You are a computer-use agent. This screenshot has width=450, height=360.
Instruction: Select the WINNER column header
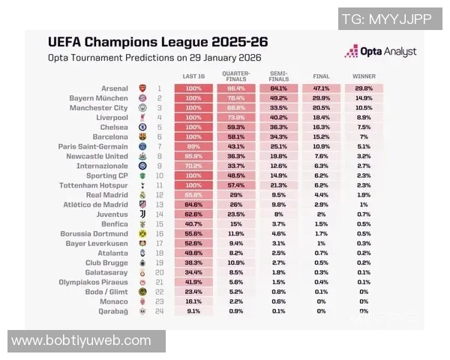pyautogui.click(x=364, y=76)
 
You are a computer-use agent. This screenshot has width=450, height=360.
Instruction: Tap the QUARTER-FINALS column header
pyautogui.click(x=235, y=76)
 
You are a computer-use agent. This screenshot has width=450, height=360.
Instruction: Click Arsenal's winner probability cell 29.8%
pyautogui.click(x=364, y=88)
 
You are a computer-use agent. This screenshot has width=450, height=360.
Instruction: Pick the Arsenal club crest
pyautogui.click(x=142, y=88)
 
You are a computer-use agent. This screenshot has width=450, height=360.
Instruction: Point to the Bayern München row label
pyautogui.click(x=102, y=98)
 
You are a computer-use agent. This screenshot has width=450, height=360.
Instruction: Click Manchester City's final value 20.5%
pyautogui.click(x=321, y=108)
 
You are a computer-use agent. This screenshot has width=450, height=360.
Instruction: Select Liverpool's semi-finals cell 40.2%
pyautogui.click(x=278, y=118)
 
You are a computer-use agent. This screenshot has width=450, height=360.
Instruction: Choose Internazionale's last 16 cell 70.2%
pyautogui.click(x=193, y=166)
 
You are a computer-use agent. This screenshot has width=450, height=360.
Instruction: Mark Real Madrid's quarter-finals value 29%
pyautogui.click(x=235, y=195)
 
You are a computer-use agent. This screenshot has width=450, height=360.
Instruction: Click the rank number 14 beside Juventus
pyautogui.click(x=159, y=214)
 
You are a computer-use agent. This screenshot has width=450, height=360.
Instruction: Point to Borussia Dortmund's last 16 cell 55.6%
pyautogui.click(x=193, y=233)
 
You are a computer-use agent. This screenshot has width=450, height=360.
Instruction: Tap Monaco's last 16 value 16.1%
pyautogui.click(x=193, y=301)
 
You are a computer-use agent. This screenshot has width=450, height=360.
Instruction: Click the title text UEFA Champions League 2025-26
pyautogui.click(x=157, y=42)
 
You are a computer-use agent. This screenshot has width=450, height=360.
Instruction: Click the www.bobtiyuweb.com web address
pyautogui.click(x=82, y=341)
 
